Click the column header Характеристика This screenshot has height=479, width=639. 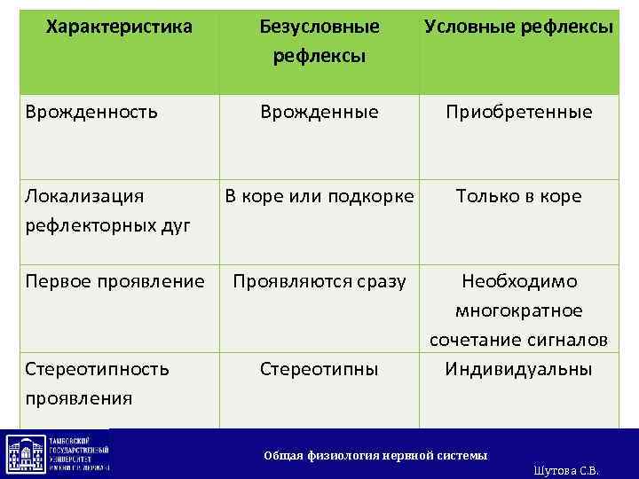pyautogui.click(x=119, y=27)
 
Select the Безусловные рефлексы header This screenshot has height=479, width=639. pyautogui.click(x=319, y=41)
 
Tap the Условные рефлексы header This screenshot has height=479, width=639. pyautogui.click(x=518, y=27)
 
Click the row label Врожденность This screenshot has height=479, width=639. pyautogui.click(x=92, y=112)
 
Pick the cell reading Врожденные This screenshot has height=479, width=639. pyautogui.click(x=319, y=112)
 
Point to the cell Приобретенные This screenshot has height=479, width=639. pyautogui.click(x=519, y=112)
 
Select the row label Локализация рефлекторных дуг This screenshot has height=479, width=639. pyautogui.click(x=107, y=210)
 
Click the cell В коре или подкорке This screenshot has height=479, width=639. pyautogui.click(x=319, y=196)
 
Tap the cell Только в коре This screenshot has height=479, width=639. pyautogui.click(x=519, y=196)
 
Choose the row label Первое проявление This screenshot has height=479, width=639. pyautogui.click(x=114, y=281)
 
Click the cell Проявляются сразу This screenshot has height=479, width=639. pyautogui.click(x=319, y=281)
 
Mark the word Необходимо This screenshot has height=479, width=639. pyautogui.click(x=519, y=281)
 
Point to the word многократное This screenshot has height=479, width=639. pyautogui.click(x=519, y=310)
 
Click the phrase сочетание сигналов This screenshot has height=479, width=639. pyautogui.click(x=519, y=340)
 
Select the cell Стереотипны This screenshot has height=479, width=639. pyautogui.click(x=319, y=368)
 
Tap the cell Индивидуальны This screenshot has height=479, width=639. pyautogui.click(x=519, y=368)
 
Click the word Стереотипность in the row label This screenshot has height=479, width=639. pyautogui.click(x=98, y=368)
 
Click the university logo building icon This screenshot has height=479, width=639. pyautogui.click(x=23, y=453)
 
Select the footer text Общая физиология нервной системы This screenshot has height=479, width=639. pyautogui.click(x=375, y=455)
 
